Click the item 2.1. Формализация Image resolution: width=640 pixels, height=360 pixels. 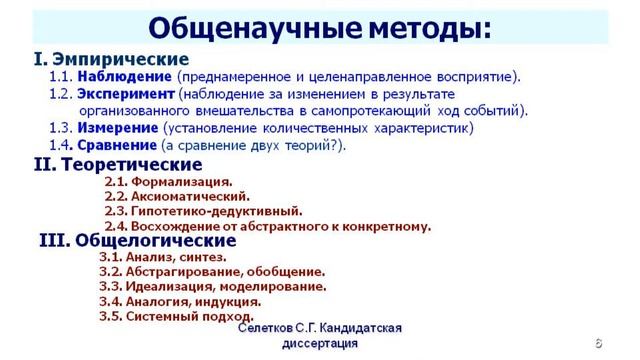coord(168,182)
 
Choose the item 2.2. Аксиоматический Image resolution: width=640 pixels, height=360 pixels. coord(177,197)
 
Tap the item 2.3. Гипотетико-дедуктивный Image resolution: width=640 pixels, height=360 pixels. coord(203,212)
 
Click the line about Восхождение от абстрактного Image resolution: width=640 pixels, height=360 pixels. coord(267,226)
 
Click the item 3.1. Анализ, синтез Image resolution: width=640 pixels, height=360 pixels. coord(163,257)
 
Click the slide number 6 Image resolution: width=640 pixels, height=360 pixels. coord(598,342)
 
